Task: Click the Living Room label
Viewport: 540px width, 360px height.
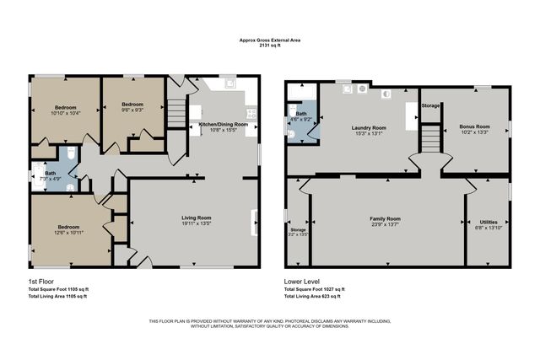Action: [x=196, y=218]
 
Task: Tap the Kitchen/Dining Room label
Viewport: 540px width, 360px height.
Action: [x=223, y=124]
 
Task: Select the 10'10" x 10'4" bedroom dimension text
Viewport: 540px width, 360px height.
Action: [x=66, y=113]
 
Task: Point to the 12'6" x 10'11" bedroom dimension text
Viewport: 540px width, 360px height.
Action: [x=68, y=232]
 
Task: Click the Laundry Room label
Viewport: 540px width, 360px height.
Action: [x=368, y=127]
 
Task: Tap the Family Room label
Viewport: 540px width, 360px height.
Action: [x=385, y=218]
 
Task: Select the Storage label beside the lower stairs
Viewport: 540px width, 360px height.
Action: [x=430, y=105]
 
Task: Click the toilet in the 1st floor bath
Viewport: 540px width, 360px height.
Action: [x=72, y=153]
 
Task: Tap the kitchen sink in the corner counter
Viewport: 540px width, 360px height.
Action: [x=230, y=84]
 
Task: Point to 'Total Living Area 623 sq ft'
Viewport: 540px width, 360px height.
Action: [x=312, y=296]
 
